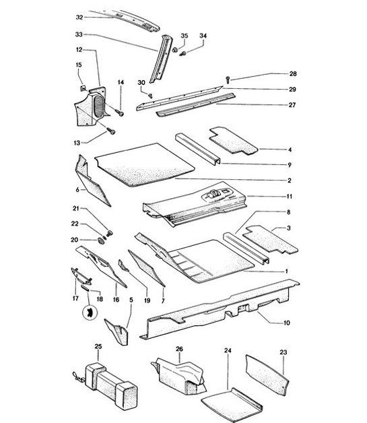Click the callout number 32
[x=79, y=17]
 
